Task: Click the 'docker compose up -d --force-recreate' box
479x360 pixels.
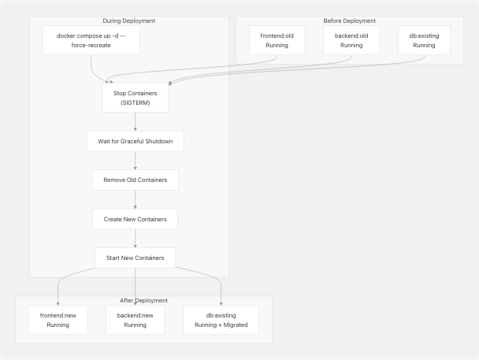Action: coord(91,40)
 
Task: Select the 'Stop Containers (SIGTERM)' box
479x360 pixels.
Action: coord(135,98)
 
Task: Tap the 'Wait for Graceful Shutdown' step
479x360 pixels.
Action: coord(135,141)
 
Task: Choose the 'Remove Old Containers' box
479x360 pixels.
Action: coord(135,180)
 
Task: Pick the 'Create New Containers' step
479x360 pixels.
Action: coord(135,218)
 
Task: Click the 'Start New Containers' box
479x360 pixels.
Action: coord(135,258)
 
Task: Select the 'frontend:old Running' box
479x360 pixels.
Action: coord(277,40)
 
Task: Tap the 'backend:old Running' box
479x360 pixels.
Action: coord(351,40)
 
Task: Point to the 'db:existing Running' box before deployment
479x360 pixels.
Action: coord(424,40)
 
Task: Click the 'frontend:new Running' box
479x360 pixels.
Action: coord(58,319)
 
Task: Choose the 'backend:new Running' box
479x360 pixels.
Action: coord(135,319)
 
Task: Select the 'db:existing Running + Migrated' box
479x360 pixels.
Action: coord(221,319)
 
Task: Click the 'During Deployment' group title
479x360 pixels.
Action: coord(129,20)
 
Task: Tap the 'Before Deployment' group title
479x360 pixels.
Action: coord(350,20)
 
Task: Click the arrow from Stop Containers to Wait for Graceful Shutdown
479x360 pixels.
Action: coord(135,121)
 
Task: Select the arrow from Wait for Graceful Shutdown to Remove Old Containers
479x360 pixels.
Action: coord(135,161)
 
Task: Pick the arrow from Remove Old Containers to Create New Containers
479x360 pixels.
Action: coord(135,199)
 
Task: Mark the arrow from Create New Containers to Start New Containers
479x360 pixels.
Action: coord(135,238)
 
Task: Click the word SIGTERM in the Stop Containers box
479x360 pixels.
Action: coord(135,103)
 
